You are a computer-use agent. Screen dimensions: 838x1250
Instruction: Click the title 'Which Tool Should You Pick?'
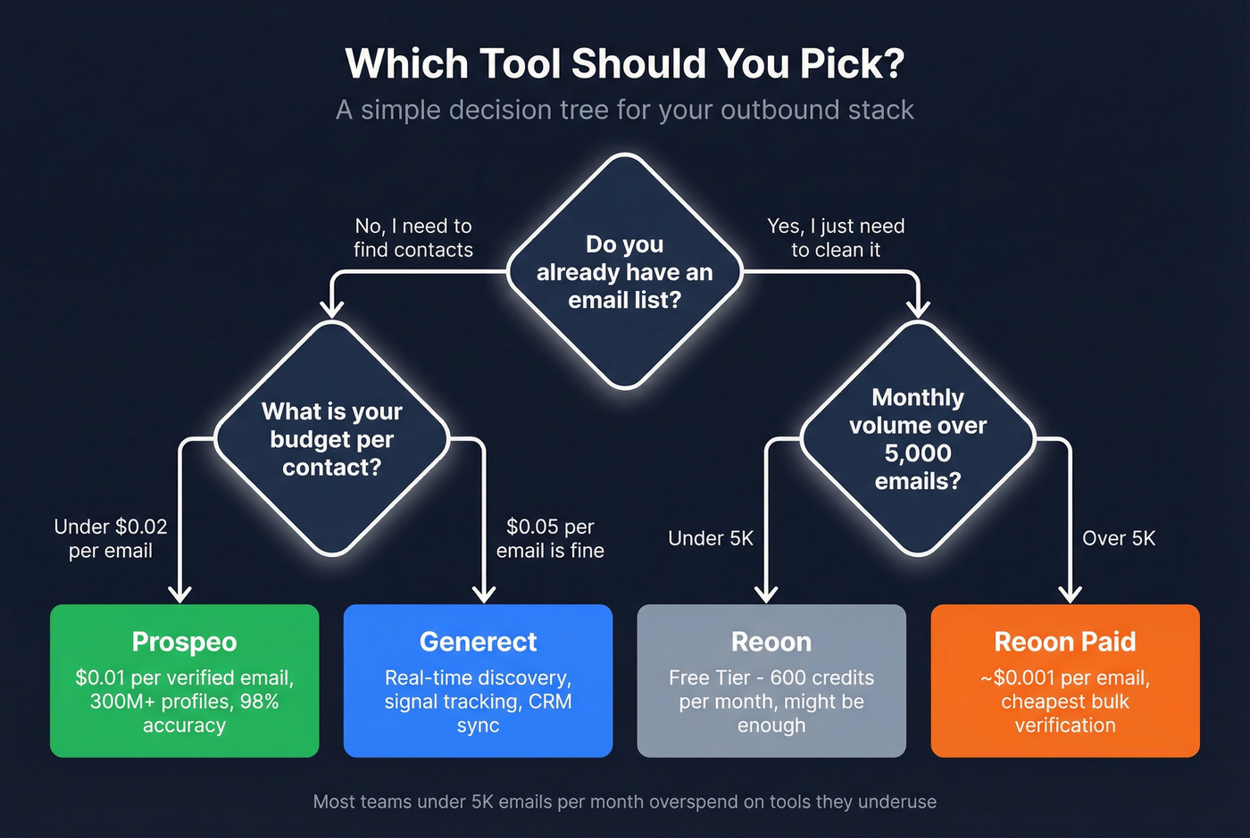pyautogui.click(x=625, y=64)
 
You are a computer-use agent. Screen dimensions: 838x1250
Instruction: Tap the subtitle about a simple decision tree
pyautogui.click(x=625, y=110)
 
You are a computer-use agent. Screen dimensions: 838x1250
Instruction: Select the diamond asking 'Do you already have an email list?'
pyautogui.click(x=625, y=271)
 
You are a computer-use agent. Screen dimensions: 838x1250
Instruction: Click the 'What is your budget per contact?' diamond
pyautogui.click(x=331, y=438)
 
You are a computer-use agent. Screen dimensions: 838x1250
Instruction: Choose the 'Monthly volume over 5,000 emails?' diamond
pyautogui.click(x=918, y=438)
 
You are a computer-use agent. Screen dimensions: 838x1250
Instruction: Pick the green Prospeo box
pyautogui.click(x=185, y=681)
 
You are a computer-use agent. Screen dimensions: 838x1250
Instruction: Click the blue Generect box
pyautogui.click(x=478, y=681)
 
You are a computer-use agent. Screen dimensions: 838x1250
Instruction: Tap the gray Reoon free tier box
pyautogui.click(x=771, y=681)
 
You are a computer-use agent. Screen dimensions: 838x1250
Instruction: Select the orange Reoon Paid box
pyautogui.click(x=1065, y=681)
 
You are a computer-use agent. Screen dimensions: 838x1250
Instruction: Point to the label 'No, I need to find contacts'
pyautogui.click(x=413, y=238)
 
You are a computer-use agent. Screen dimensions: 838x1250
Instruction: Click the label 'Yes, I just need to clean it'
pyautogui.click(x=836, y=238)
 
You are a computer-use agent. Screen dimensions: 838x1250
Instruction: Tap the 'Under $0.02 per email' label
pyautogui.click(x=111, y=539)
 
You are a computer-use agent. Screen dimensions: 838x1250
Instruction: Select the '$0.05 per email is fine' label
pyautogui.click(x=550, y=539)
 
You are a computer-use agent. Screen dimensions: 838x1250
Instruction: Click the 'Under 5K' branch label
pyautogui.click(x=711, y=538)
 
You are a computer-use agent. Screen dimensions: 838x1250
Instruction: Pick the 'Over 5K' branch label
pyautogui.click(x=1119, y=538)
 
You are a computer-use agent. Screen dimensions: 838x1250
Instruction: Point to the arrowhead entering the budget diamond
pyautogui.click(x=332, y=309)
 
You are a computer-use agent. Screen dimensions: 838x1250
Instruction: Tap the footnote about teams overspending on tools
pyautogui.click(x=625, y=801)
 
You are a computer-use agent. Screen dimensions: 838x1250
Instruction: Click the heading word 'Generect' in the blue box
pyautogui.click(x=478, y=642)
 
